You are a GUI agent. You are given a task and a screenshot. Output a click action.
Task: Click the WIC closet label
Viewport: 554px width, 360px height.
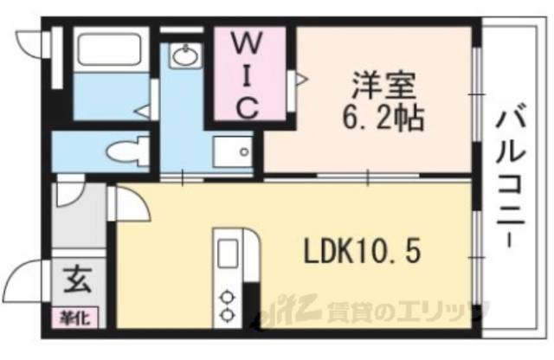pos(246,74)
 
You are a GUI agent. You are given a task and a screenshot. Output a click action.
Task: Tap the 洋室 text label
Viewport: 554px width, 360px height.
pos(385,87)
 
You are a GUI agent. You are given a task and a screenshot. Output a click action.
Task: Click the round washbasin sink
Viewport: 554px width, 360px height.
pos(184,58)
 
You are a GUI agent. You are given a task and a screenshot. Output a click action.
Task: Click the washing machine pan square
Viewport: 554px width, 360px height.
pos(233,154)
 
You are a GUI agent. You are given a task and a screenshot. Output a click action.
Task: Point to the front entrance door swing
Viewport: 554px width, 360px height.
pos(26,281)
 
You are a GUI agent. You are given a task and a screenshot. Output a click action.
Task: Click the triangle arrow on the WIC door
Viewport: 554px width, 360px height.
pos(301,80)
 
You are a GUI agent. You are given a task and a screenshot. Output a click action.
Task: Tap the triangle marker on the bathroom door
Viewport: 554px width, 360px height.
pos(140,111)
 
